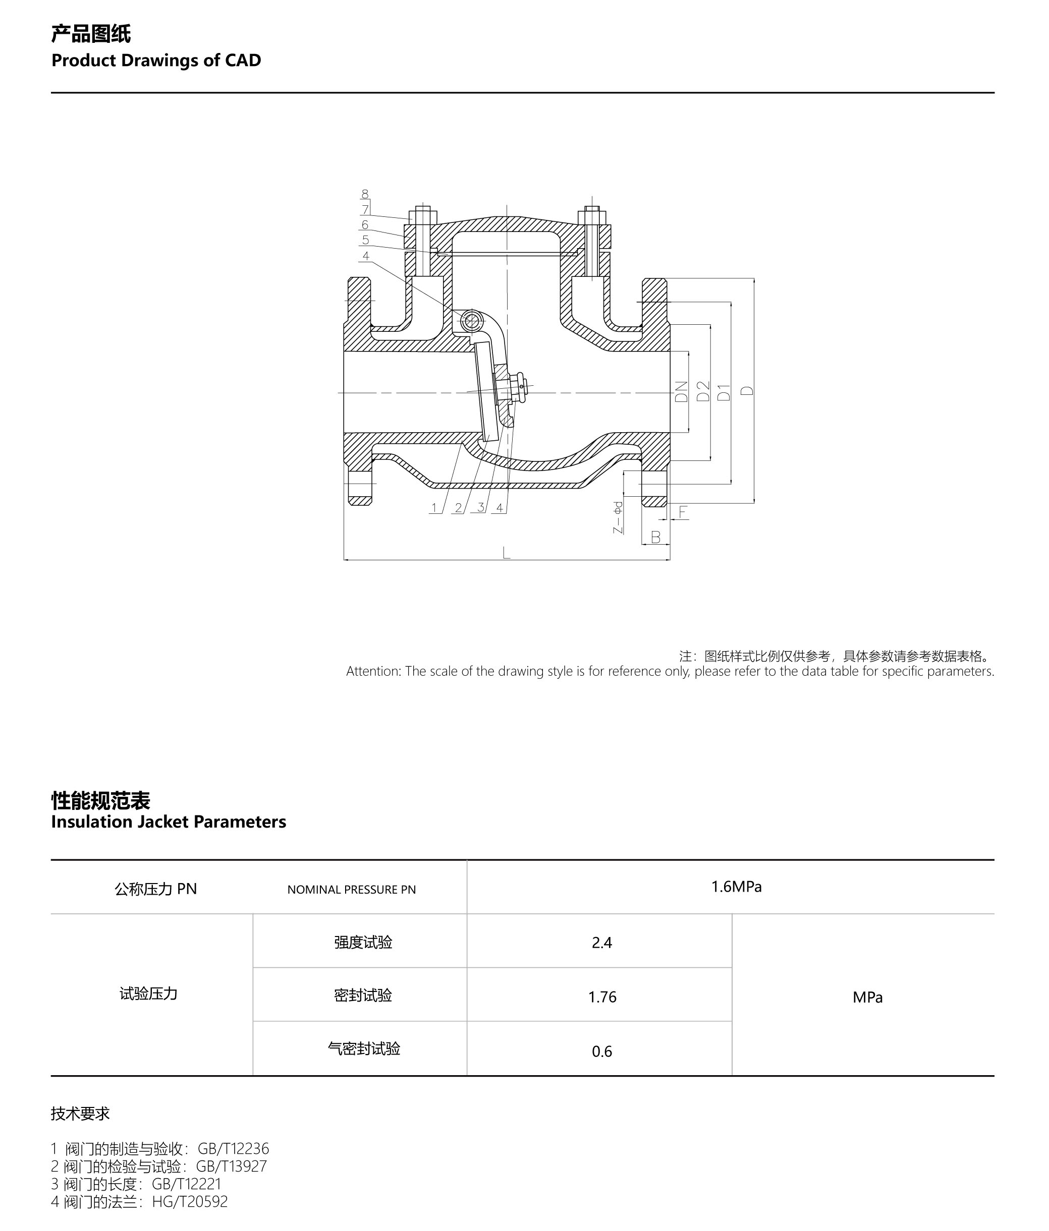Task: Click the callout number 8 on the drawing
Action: pos(365,194)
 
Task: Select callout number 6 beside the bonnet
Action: pos(365,224)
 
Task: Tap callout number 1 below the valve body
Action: pos(434,508)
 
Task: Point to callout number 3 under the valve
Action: pos(480,508)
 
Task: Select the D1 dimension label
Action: pos(724,392)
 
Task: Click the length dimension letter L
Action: pos(507,554)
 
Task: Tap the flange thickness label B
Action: pos(655,537)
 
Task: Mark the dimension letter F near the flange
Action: pos(683,512)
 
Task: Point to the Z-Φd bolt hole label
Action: pos(618,517)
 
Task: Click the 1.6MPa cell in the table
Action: pos(736,887)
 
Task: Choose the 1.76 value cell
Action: pos(602,997)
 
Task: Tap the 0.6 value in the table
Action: pos(601,1051)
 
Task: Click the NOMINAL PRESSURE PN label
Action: pos(351,890)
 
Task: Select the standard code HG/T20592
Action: pos(190,1201)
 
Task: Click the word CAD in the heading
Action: pos(243,61)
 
